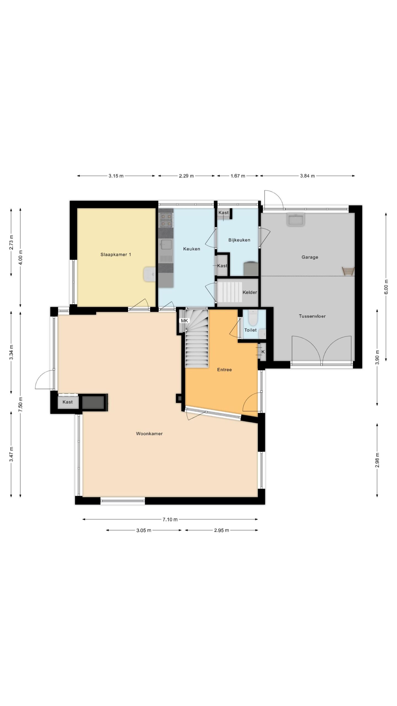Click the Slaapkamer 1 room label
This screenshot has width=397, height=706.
[x=116, y=255]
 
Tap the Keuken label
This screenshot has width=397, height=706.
[x=192, y=249]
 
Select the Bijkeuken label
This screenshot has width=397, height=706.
[x=239, y=240]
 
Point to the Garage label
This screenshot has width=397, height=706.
[x=310, y=257]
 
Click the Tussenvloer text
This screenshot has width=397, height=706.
[x=312, y=316]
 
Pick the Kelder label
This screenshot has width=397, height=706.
[x=250, y=292]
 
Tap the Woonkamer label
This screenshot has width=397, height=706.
[x=149, y=434]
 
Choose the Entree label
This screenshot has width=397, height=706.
[x=224, y=370]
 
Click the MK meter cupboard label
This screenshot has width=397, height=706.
[x=184, y=321]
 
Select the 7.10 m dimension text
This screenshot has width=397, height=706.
[x=170, y=520]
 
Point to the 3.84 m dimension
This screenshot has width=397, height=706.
[x=307, y=176]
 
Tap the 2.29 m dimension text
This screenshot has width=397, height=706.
[x=186, y=176]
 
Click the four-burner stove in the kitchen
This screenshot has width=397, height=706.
[x=166, y=220]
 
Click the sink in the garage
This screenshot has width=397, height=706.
[x=296, y=219]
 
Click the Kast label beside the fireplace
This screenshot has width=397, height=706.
[x=68, y=402]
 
